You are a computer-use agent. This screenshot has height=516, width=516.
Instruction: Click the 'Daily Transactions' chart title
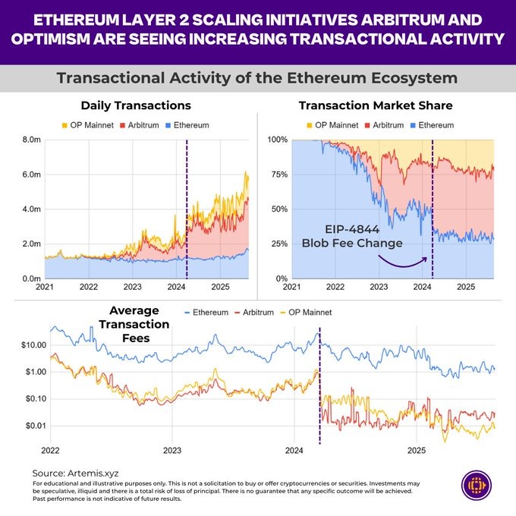pos(135,105)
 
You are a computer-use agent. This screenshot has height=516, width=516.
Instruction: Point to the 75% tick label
pos(277,175)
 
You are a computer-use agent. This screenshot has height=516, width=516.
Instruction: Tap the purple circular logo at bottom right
pos(478,486)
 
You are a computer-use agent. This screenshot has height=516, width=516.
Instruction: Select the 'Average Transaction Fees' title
pos(139,323)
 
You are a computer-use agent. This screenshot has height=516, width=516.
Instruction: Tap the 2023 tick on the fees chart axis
pos(172,451)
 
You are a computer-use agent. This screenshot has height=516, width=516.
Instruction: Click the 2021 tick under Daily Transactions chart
pos(45,288)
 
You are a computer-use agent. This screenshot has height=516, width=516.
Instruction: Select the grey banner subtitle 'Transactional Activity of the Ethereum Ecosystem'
pos(258,79)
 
